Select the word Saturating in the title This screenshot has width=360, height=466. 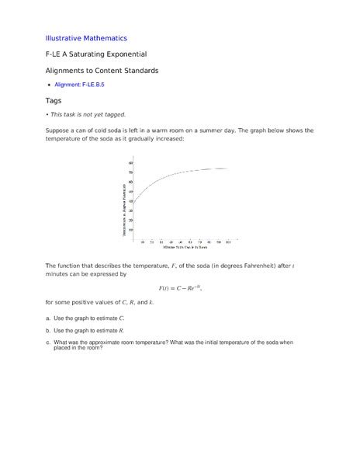coord(99,54)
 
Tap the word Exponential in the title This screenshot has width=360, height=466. coord(144,54)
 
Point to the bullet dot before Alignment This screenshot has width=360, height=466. coord(48,85)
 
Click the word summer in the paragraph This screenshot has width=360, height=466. coord(237,130)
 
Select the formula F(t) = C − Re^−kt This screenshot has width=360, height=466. coord(179,288)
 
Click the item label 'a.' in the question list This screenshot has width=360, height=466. coord(49,318)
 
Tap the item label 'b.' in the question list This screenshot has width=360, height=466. coord(49,330)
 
